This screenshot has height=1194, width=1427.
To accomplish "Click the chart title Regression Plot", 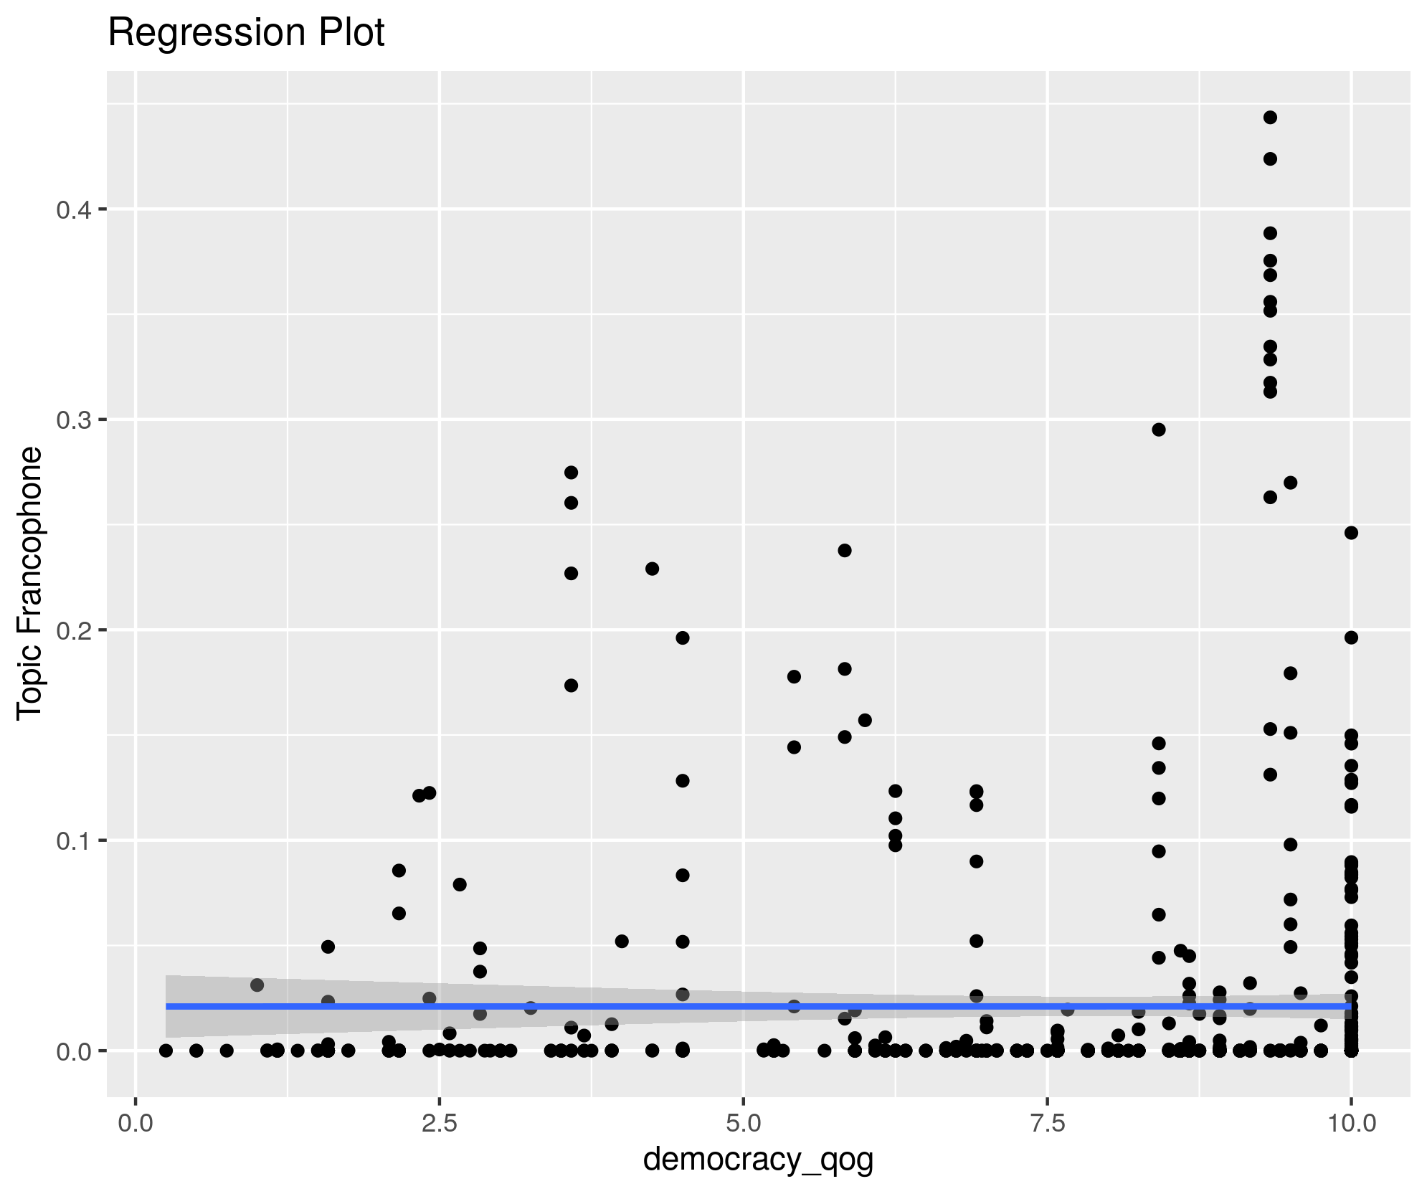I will (x=246, y=33).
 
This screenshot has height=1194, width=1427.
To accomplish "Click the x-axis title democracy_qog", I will (x=758, y=1159).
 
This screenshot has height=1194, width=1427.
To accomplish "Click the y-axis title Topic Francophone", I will (x=31, y=582).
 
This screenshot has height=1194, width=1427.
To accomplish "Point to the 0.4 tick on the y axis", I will (x=72, y=209).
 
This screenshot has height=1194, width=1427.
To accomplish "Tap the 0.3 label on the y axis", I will (x=72, y=420).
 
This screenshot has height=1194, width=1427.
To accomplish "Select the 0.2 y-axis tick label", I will (x=72, y=630).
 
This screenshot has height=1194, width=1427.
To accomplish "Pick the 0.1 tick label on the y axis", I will (x=72, y=840).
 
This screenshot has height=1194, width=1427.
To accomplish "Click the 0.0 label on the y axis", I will (x=72, y=1051).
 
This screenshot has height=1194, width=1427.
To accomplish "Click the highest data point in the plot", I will (x=1270, y=118).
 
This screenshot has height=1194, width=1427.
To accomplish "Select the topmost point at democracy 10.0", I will (x=1351, y=533).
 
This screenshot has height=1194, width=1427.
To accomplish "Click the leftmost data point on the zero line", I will (x=166, y=1051).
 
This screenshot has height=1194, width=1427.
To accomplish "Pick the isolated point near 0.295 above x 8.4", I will (x=1159, y=430).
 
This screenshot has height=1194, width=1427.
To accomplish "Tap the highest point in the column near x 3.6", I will (x=572, y=473).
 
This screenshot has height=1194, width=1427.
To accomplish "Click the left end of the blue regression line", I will (x=167, y=1006).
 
